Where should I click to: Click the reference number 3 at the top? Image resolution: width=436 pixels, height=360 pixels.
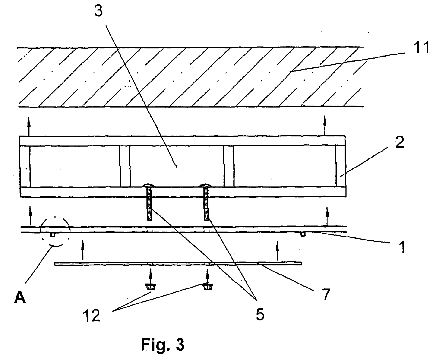pos(98,11)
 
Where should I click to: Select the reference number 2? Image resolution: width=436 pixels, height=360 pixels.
pos(400,142)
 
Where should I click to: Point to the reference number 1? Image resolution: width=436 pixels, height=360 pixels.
pos(403,247)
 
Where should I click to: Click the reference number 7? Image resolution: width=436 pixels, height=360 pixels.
pos(326,295)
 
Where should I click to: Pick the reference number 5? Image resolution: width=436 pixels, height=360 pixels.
pos(260,314)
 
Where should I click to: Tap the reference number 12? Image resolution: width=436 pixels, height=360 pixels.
pos(92,315)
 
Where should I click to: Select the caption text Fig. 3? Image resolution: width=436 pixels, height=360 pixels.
pos(163,345)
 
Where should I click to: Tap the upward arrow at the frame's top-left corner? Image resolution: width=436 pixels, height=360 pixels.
pos(29,127)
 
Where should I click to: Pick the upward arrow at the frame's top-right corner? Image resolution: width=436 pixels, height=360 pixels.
pos(325,125)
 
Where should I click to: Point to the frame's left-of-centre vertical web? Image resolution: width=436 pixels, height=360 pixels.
pos(125,166)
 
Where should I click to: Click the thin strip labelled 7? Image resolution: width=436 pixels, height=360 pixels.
pos(178,264)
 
